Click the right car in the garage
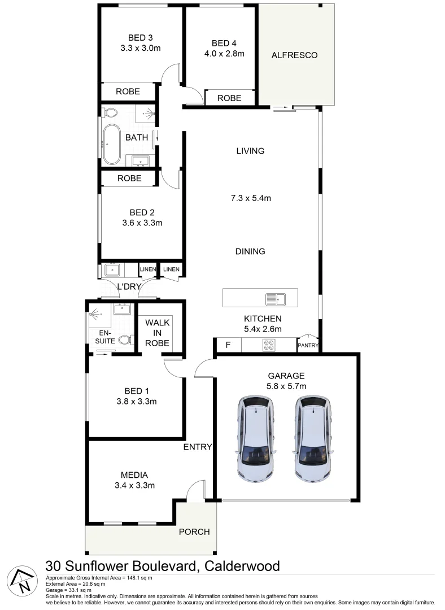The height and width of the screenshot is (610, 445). (312, 438)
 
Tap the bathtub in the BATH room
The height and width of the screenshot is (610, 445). (111, 145)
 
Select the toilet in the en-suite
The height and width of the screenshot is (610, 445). (125, 340)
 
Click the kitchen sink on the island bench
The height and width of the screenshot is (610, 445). (277, 298)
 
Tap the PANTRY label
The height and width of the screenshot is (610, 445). (308, 346)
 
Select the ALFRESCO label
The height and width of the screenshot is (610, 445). (294, 55)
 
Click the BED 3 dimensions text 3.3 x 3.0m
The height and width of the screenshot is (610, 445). (141, 49)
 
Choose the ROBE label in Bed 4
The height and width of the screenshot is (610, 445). (229, 98)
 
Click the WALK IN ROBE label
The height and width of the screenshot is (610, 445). (158, 332)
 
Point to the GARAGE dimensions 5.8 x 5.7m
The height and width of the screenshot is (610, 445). (286, 386)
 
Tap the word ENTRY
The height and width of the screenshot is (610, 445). (198, 447)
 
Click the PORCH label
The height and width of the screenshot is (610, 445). (194, 531)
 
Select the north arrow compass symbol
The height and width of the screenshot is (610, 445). (21, 579)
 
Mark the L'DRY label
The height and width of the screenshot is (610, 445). (129, 286)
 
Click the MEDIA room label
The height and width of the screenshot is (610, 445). (134, 474)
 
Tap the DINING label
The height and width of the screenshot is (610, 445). (250, 251)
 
